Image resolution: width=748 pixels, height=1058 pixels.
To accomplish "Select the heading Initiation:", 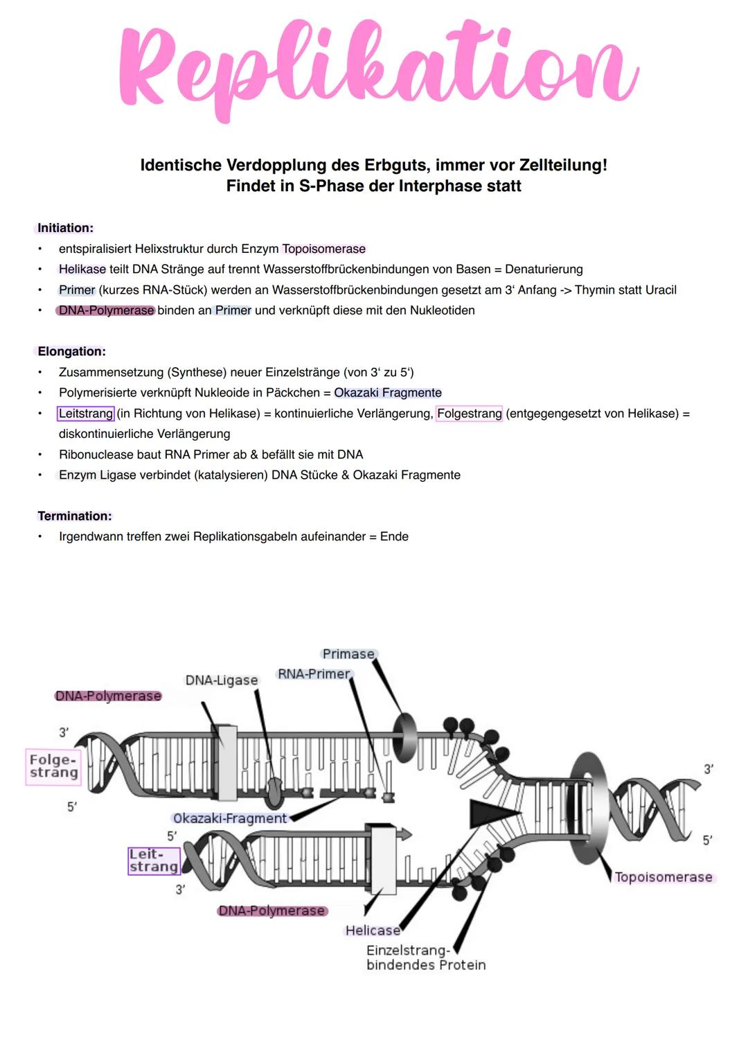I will click(x=65, y=228).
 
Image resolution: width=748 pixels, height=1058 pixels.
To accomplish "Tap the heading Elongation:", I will click(x=71, y=351).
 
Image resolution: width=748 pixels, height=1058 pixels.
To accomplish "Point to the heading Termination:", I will click(x=74, y=515).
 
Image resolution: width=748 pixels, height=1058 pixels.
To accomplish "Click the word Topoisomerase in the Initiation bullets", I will click(x=323, y=249).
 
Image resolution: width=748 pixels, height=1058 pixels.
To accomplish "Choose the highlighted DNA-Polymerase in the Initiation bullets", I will click(x=106, y=310).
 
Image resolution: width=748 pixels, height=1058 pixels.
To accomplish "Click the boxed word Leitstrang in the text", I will click(x=86, y=414).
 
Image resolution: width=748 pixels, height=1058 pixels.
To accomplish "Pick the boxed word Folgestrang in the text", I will click(x=469, y=414).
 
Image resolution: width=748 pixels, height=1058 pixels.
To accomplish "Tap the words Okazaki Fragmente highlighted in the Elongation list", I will click(x=387, y=393).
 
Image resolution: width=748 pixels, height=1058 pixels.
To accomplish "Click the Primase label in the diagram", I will click(x=348, y=654).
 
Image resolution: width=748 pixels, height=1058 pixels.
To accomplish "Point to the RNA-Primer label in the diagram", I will click(x=314, y=674).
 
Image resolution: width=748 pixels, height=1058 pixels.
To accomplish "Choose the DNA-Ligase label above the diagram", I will click(x=222, y=680).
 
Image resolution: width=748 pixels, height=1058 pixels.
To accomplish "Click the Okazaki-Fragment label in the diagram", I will click(x=230, y=818).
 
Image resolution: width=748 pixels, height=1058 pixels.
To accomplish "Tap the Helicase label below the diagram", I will click(x=373, y=931).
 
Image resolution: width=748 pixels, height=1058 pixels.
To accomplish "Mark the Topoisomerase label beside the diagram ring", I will click(x=663, y=877).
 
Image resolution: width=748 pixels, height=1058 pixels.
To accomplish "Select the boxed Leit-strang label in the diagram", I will click(x=154, y=861).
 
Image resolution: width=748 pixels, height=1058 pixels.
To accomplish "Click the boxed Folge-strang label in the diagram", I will click(x=53, y=766).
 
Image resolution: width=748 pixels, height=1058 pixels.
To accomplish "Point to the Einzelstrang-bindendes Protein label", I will click(x=425, y=958).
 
